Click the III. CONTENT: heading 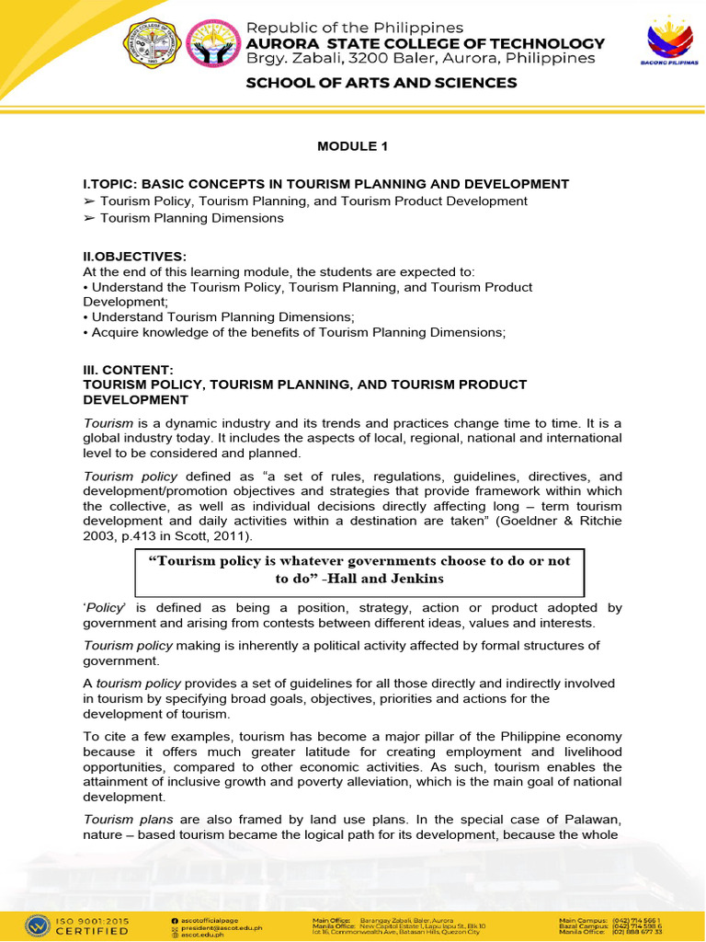pyautogui.click(x=128, y=370)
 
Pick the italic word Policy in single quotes pyautogui.click(x=105, y=608)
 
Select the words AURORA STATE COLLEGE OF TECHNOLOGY pyautogui.click(x=422, y=43)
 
